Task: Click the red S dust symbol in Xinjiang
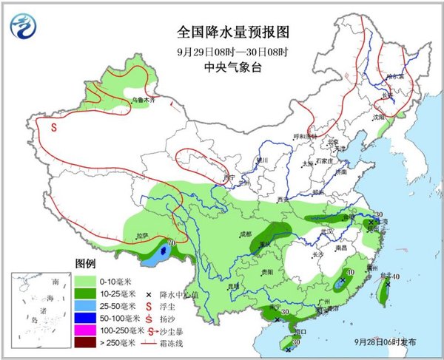point(54,126)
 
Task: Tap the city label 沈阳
point(379,116)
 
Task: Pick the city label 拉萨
point(142,236)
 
